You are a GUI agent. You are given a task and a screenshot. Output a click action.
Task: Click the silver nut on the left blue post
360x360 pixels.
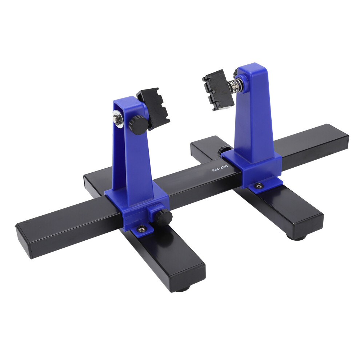[x=118, y=118]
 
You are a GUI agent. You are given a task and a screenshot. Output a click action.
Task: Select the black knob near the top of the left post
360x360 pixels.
[x=138, y=125]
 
